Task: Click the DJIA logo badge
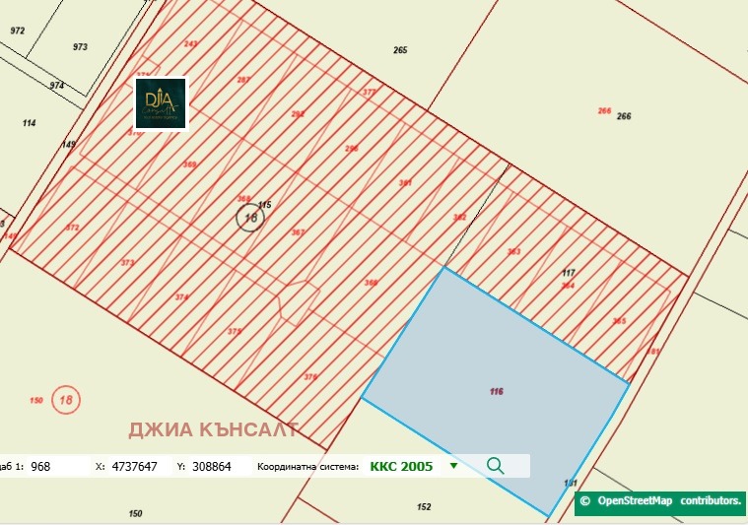coord(161,103)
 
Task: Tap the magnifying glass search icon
coord(495,466)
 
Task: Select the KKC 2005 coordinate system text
coord(401,466)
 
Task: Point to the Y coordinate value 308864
coord(211,466)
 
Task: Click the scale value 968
coord(40,466)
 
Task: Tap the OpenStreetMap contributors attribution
coord(660,501)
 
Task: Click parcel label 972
coord(17,32)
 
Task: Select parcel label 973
coord(80,47)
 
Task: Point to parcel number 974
coord(57,86)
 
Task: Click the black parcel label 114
coord(29,123)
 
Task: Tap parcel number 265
coord(399,50)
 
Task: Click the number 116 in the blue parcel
coord(496,392)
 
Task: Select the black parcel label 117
coord(568,272)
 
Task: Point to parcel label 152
coord(424,507)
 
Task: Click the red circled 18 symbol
coord(67,400)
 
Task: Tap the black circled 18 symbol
coord(250,218)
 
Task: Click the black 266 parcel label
coord(624,116)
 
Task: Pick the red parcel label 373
coord(127,263)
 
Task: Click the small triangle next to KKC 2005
coord(453,466)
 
